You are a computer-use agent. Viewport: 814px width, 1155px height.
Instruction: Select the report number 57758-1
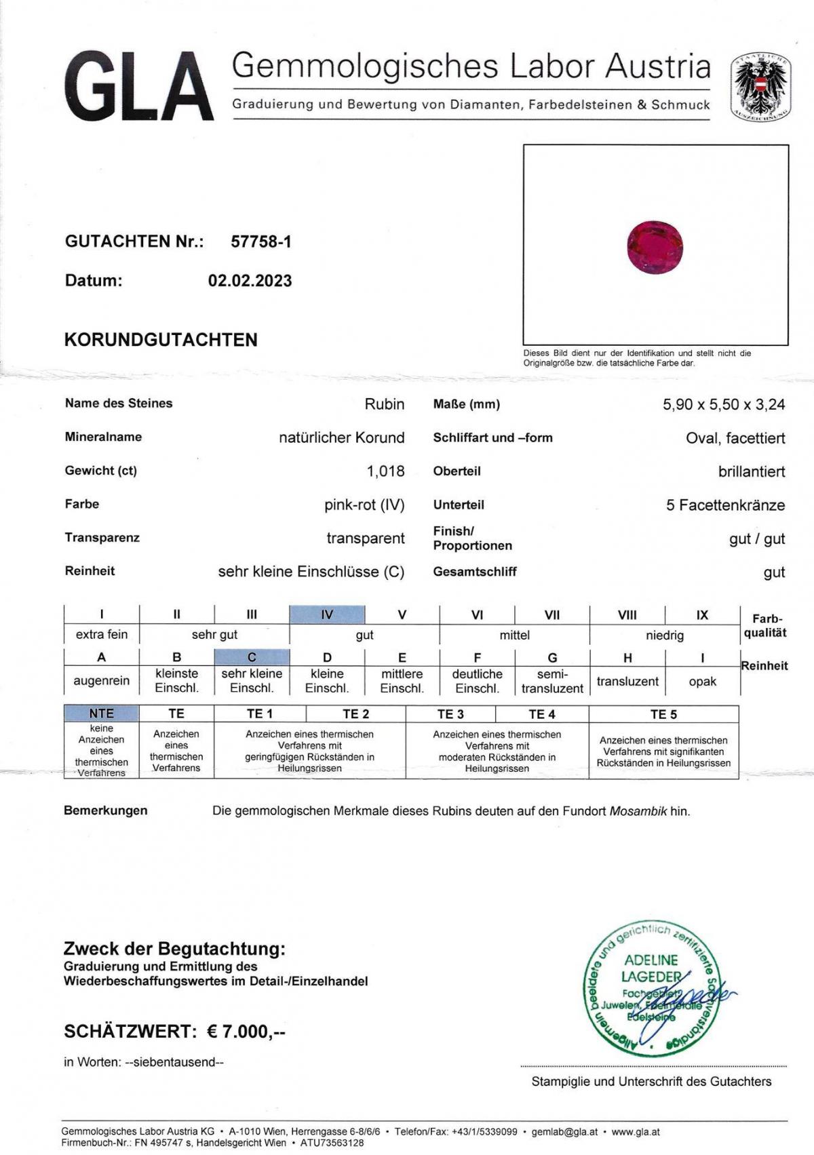pyautogui.click(x=261, y=241)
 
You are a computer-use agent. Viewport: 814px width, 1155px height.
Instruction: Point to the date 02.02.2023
pyautogui.click(x=250, y=281)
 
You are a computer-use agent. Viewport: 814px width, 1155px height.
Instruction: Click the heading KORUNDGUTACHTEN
pyautogui.click(x=161, y=340)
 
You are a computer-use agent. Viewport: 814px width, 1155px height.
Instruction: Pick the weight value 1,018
pyautogui.click(x=385, y=471)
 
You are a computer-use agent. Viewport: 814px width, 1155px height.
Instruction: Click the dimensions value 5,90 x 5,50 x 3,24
pyautogui.click(x=724, y=404)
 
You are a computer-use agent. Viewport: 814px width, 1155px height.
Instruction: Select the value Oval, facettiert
pyautogui.click(x=735, y=438)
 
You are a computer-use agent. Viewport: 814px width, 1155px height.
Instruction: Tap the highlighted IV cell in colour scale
pyautogui.click(x=327, y=614)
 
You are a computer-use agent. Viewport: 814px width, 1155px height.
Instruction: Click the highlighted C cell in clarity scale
pyautogui.click(x=252, y=657)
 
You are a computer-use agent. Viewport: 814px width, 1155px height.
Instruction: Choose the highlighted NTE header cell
pyautogui.click(x=102, y=713)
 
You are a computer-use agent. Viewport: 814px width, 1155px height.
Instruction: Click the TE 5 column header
pyautogui.click(x=663, y=714)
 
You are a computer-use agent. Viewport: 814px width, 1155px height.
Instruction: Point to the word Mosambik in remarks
pyautogui.click(x=638, y=810)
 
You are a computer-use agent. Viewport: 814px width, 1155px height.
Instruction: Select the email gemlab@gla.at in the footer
pyautogui.click(x=564, y=1131)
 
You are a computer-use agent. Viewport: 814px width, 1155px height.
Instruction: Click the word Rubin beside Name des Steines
pyautogui.click(x=385, y=404)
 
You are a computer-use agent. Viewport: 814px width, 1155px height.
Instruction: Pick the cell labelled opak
pyautogui.click(x=702, y=681)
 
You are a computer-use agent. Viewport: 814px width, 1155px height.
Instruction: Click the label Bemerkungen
pyautogui.click(x=105, y=810)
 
